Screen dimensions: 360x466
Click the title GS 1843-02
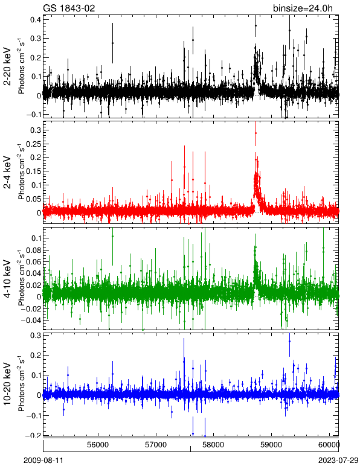[69, 8]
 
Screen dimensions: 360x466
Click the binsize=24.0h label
[303, 8]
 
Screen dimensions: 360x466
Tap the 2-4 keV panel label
[7, 172]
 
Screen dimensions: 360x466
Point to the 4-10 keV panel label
[7, 278]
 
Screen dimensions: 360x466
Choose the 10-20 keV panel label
[7, 384]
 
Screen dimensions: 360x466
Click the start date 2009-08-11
[43, 461]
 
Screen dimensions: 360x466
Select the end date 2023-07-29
[338, 461]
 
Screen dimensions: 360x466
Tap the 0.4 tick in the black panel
[36, 19]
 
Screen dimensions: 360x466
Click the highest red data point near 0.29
[256, 133]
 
